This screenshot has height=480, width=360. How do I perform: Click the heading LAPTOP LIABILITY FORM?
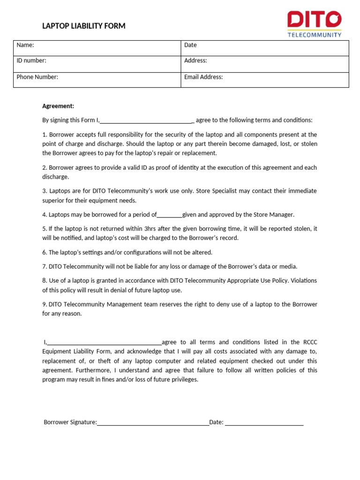click(84, 26)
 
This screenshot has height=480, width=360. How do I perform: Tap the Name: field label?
click(25, 45)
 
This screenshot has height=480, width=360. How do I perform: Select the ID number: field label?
click(31, 61)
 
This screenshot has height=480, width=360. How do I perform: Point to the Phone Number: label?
click(37, 77)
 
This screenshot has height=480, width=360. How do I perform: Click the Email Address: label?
click(203, 77)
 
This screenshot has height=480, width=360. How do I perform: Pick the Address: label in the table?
click(195, 61)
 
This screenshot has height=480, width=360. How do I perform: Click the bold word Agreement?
click(58, 106)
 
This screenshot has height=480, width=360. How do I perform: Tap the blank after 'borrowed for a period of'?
click(169, 215)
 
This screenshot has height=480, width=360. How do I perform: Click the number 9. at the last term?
click(45, 305)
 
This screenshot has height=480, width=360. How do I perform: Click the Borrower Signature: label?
click(70, 422)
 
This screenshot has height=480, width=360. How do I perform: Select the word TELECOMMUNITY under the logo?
click(314, 35)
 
